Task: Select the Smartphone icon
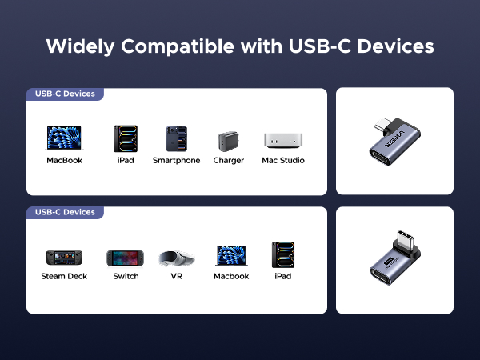176,138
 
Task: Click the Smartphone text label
176,160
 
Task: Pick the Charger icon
228,141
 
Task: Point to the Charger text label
228,160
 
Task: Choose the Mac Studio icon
282,141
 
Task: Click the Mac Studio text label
283,160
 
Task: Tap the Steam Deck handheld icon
64,258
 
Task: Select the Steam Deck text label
64,276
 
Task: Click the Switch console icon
125,258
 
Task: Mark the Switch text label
126,276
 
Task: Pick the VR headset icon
176,258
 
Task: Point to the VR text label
176,276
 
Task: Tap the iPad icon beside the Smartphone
125,138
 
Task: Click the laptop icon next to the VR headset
230,256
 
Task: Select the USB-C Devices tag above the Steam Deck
65,212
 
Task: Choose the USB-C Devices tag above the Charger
65,94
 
